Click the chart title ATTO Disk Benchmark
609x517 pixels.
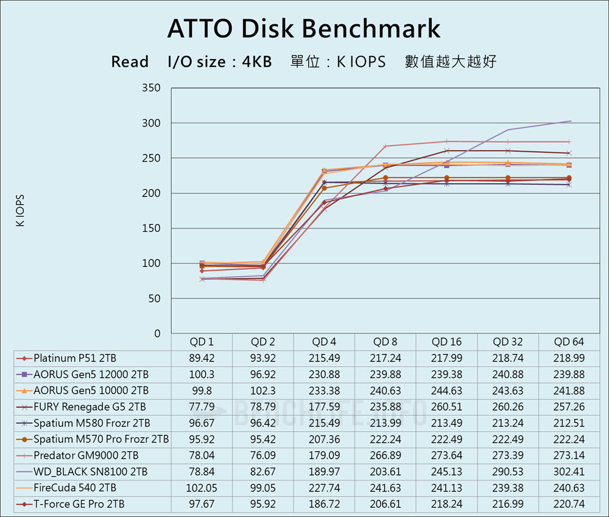pos(303,29)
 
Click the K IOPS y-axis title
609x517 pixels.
pos(20,210)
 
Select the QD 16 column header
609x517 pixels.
pos(446,342)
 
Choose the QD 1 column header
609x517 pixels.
pos(202,342)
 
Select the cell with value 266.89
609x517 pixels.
pos(385,455)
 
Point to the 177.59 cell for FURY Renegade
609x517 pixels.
pos(324,406)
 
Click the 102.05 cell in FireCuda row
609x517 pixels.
pos(202,487)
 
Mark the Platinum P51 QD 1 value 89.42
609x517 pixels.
pos(202,358)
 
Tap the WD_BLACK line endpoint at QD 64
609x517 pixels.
pos(571,121)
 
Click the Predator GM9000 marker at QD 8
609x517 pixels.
pos(385,146)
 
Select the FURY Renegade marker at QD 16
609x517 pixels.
pos(446,151)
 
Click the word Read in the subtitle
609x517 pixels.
pos(130,62)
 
